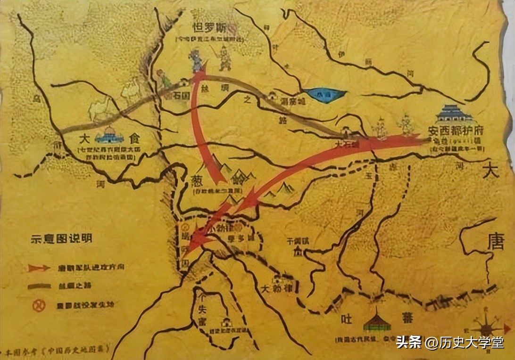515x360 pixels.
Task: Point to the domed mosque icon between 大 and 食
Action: click(109, 137)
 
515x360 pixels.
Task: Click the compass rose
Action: click(487, 325)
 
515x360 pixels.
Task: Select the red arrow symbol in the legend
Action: click(39, 268)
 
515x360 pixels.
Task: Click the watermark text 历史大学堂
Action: click(465, 342)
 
